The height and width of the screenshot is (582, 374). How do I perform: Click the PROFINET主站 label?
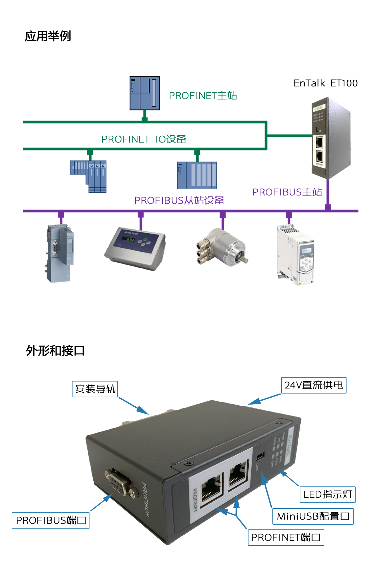click(x=203, y=96)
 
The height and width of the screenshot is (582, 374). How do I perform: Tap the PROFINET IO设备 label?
click(x=144, y=139)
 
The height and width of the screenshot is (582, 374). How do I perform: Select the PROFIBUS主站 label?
click(x=287, y=192)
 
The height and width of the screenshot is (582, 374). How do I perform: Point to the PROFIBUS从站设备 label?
click(x=179, y=200)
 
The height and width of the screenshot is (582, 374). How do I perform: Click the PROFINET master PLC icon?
click(x=145, y=93)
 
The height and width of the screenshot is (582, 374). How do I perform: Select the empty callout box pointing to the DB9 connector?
click(x=51, y=520)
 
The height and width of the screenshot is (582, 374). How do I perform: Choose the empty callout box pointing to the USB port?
click(x=313, y=516)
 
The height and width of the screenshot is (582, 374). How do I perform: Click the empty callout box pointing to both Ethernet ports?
click(x=286, y=537)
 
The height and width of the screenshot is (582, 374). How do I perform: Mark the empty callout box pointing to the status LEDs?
click(x=327, y=495)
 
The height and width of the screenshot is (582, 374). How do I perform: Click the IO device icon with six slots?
click(x=197, y=175)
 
